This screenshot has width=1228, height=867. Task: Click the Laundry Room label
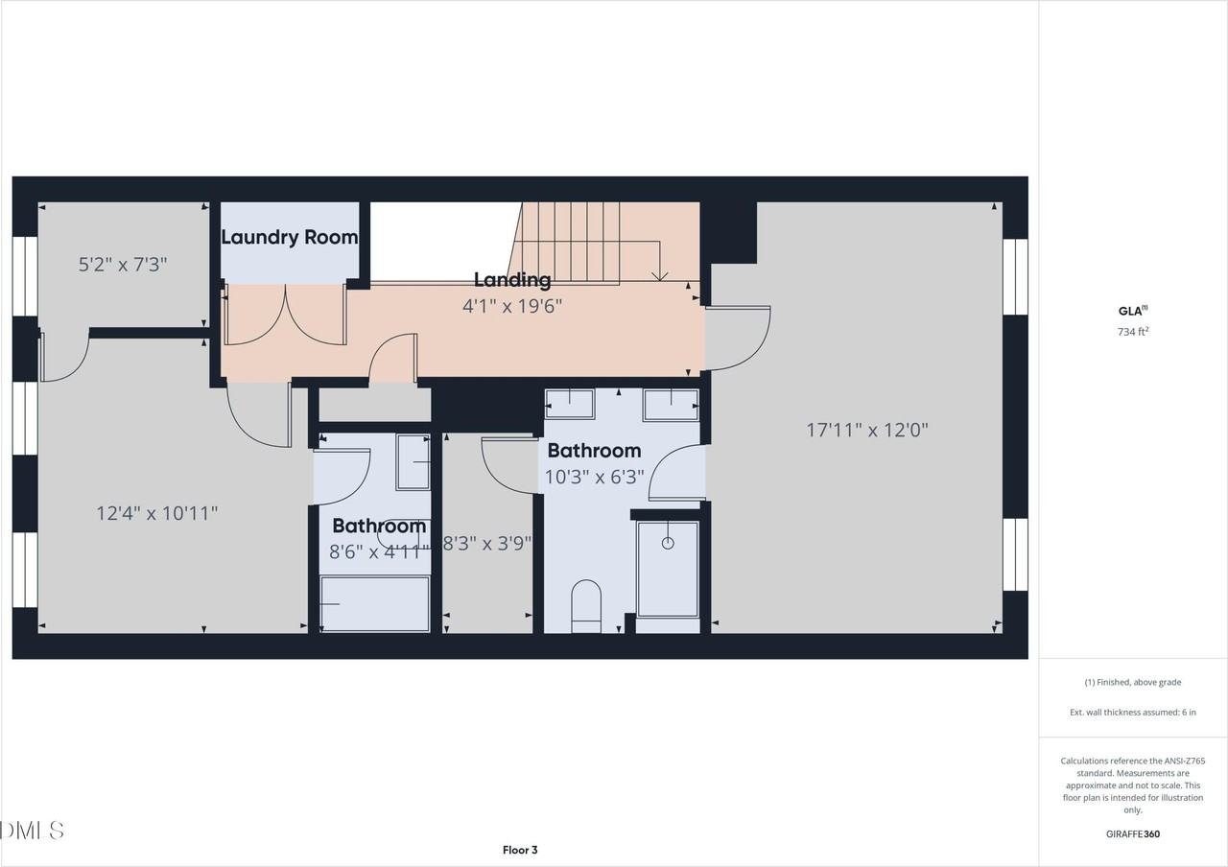point(289,237)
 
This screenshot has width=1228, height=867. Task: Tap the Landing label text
point(512,280)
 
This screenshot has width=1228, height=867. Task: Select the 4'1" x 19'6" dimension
point(511,306)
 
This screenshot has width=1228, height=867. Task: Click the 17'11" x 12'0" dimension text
point(867,430)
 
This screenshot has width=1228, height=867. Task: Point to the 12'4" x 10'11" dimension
point(156,513)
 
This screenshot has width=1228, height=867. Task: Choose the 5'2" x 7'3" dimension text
point(123,264)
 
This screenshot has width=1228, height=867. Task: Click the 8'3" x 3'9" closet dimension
point(487,543)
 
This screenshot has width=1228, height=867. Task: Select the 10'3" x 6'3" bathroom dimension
point(594,476)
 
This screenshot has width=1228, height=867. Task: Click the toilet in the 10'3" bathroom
point(585,606)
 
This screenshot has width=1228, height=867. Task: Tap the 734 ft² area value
point(1133,332)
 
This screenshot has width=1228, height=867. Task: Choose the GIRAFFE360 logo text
point(1133,833)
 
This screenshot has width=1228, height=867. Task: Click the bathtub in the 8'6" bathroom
point(375,604)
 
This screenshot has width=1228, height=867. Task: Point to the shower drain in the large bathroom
point(668,543)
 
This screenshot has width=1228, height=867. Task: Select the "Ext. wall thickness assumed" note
point(1133,712)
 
